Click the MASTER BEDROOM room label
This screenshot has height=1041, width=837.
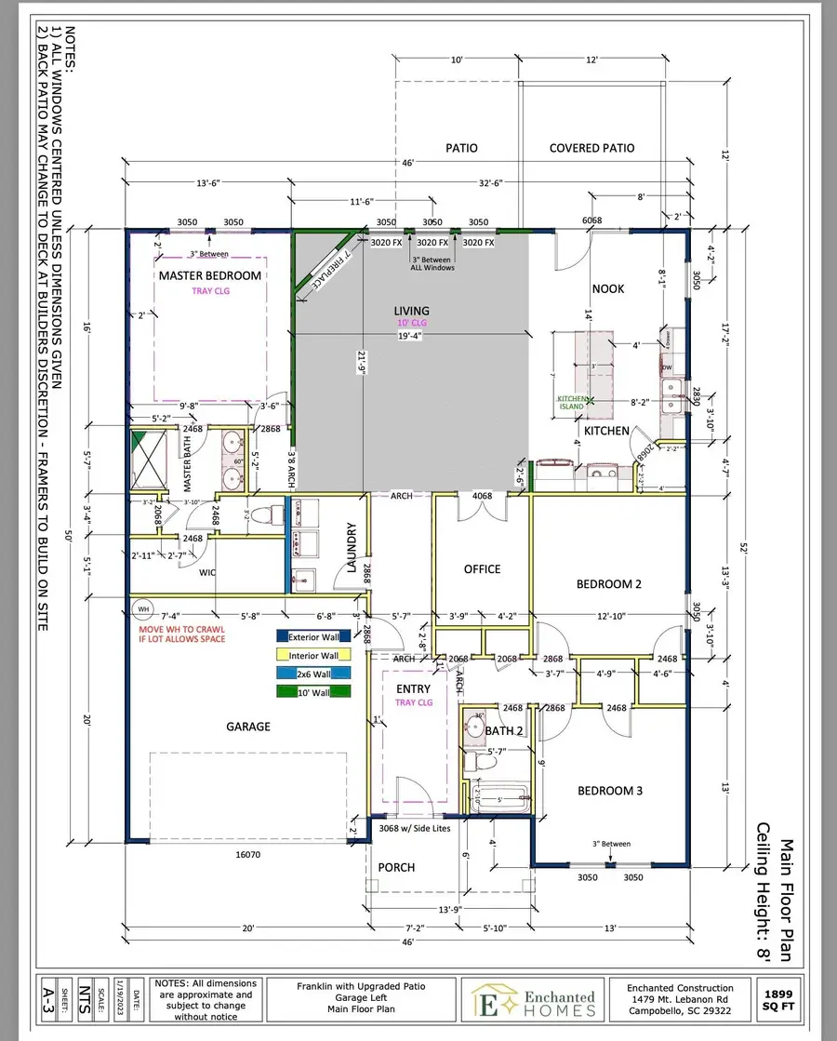[209, 275]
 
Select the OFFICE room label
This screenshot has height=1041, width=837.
[482, 568]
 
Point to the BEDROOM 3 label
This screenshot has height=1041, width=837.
[610, 790]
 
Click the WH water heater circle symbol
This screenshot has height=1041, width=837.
[142, 610]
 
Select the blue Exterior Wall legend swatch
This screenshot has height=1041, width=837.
[313, 636]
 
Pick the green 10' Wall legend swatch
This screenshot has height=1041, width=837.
[313, 691]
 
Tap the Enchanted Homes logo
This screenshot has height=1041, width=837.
[534, 1000]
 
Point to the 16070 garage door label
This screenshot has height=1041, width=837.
[246, 852]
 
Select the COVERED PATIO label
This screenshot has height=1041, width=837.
[591, 148]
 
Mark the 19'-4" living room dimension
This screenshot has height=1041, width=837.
[410, 336]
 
